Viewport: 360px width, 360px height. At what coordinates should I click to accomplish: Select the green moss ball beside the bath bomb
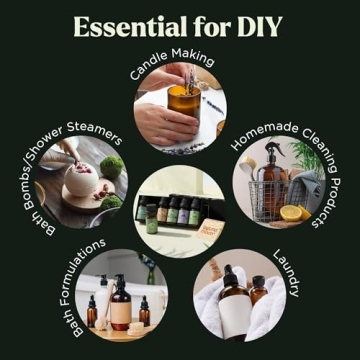pos(112,166)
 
